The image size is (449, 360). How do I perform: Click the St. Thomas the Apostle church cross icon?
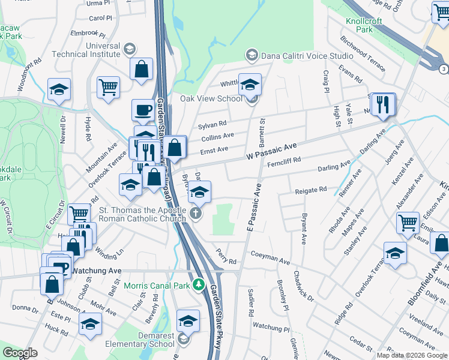coord(195,213)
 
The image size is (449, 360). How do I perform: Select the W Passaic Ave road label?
coord(271,151)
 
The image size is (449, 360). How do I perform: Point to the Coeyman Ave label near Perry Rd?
coord(270,259)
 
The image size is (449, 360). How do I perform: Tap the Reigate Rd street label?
coord(310,190)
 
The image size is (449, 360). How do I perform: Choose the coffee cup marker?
coord(143,110)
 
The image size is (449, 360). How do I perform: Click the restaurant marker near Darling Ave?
coord(382,104)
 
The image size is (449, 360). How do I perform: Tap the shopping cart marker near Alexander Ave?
coord(408,222)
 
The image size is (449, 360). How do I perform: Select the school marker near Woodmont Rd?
coord(59,89)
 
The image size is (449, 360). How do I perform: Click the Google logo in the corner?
coord(20,353)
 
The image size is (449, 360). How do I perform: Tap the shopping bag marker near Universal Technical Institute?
coord(142,68)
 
